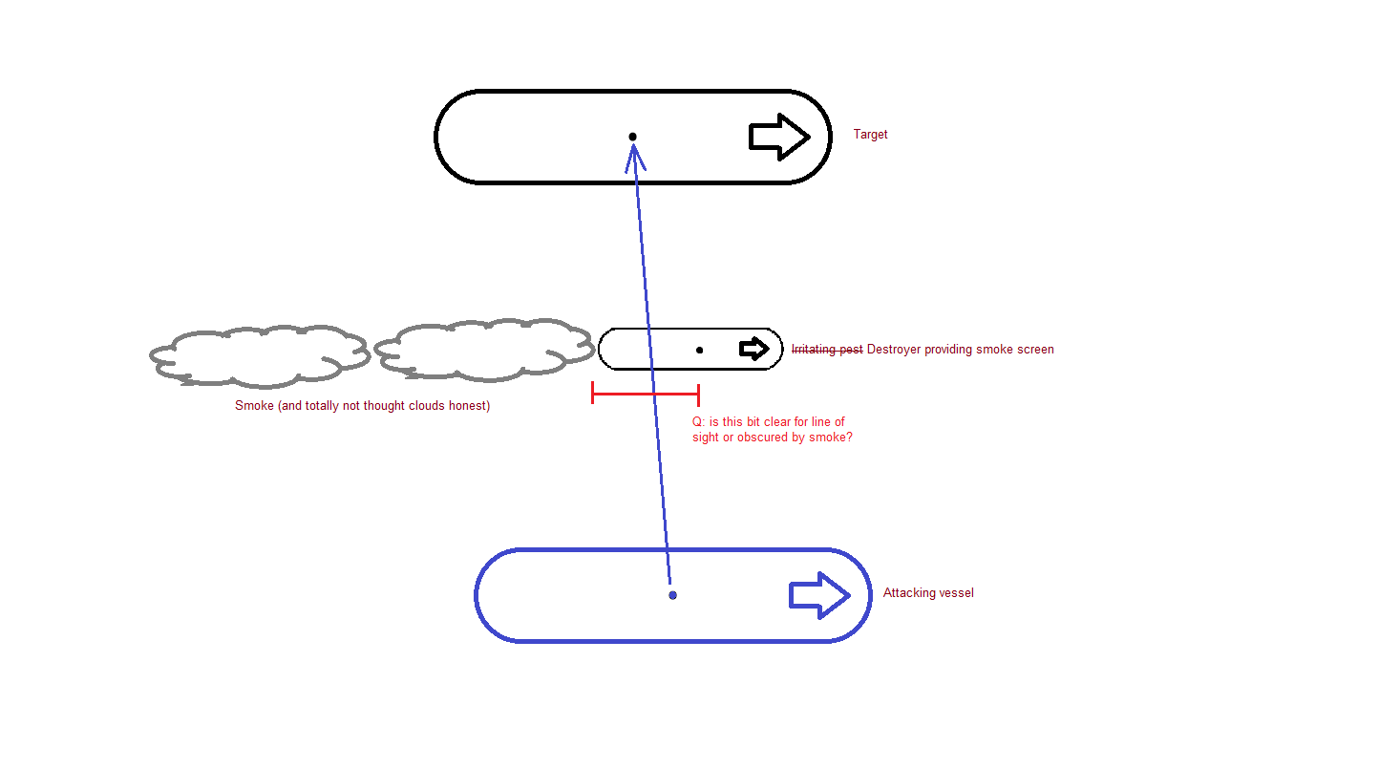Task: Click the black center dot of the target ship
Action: pos(632,137)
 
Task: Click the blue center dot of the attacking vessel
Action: pos(672,595)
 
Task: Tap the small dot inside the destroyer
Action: pos(699,350)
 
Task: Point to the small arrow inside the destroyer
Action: pos(754,349)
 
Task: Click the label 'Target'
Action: pos(870,135)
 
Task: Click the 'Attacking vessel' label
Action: pos(928,593)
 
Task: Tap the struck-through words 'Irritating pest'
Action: pos(827,350)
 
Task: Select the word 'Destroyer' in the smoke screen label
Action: pos(894,350)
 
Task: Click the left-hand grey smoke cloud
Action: pos(258,355)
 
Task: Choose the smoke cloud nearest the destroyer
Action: pos(482,350)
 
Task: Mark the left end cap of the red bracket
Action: pos(593,393)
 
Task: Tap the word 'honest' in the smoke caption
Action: pos(469,406)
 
